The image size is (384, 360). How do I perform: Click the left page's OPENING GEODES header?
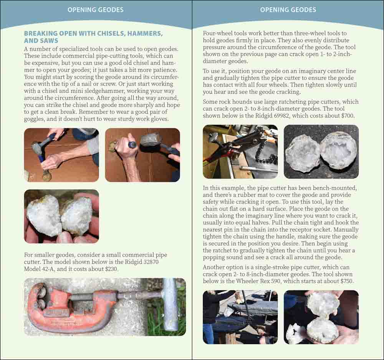pos(96,10)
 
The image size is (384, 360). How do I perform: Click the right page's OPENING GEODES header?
pos(288,10)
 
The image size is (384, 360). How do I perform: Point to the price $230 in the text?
pos(111,269)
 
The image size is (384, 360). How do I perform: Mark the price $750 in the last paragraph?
pos(347,281)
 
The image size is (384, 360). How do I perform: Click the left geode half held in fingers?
pos(44,216)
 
